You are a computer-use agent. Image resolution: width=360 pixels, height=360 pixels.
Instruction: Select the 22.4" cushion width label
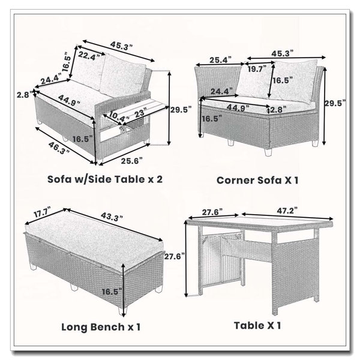(89, 56)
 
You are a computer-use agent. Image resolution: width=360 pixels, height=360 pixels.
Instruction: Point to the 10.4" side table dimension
(119, 116)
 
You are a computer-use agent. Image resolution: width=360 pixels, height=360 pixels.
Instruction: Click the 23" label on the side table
(139, 113)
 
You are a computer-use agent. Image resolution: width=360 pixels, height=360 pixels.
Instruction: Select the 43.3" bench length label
(112, 217)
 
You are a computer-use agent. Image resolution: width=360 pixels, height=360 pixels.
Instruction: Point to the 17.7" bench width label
(42, 212)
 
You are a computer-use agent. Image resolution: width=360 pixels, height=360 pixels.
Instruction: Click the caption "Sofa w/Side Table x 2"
(105, 179)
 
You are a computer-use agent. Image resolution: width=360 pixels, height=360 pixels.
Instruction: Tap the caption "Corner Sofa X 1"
(257, 180)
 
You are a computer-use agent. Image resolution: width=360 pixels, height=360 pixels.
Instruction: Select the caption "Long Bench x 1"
(101, 327)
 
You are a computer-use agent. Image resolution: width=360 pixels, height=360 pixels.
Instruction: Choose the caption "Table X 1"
(257, 326)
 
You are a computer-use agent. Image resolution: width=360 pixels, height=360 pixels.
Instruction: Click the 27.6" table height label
(175, 256)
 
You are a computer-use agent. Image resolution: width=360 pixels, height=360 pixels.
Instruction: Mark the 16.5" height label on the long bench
(112, 292)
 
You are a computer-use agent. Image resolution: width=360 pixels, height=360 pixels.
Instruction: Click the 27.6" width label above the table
(212, 212)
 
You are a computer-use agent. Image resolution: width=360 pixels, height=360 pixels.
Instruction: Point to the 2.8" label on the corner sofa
(278, 109)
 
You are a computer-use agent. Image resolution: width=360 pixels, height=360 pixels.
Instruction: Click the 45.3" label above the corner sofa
(283, 53)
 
